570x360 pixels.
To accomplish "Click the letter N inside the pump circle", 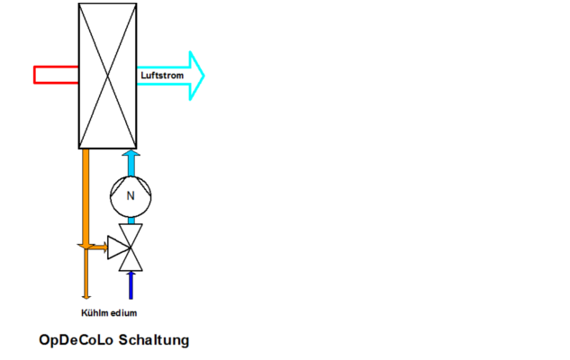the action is click(131, 196).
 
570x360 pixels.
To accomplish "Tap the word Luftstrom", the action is click(162, 76).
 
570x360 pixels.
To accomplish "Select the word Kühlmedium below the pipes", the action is click(109, 313).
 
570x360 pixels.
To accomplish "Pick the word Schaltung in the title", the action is click(154, 340).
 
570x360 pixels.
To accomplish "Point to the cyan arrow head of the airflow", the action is click(196, 76).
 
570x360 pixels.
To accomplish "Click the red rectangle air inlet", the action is click(57, 76).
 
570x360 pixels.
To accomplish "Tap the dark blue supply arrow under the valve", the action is click(131, 285).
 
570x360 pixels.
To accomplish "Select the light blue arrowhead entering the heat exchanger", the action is click(131, 153).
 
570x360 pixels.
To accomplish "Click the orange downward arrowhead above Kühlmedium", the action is click(86, 297).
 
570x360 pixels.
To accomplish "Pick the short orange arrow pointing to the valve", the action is click(98, 247).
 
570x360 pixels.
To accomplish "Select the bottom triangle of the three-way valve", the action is click(131, 261).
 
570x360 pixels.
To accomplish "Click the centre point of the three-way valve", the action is click(131, 247).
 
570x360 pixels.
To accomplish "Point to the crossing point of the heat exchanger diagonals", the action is click(107, 76).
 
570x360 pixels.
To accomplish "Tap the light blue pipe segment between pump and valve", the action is click(131, 220).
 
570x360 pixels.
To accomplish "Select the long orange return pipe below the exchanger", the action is click(86, 224).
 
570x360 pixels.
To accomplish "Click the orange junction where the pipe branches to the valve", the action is click(86, 247).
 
